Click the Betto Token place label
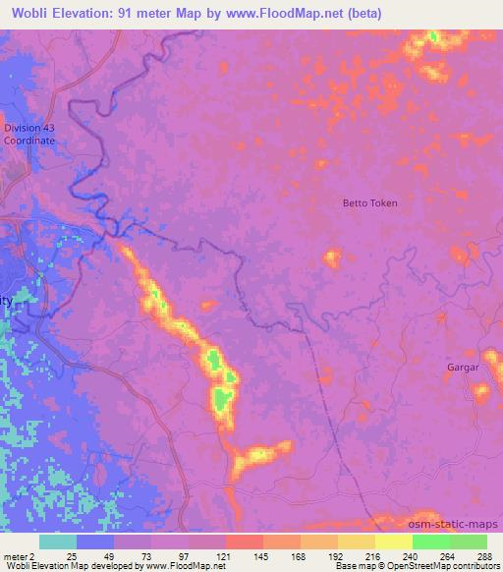click(368, 203)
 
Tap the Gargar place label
click(463, 367)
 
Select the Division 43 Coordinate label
click(28, 135)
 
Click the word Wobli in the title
click(28, 14)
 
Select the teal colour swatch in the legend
click(58, 542)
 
